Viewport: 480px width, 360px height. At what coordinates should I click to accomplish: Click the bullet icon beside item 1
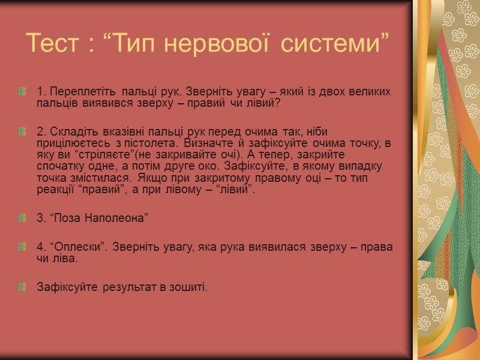[x=22, y=92]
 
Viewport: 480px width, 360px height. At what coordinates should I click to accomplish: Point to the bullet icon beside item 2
[x=22, y=131]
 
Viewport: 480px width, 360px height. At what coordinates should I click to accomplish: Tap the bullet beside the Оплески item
[x=22, y=247]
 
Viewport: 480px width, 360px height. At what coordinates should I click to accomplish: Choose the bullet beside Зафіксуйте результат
[x=22, y=287]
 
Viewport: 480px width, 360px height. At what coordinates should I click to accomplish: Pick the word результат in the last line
[x=124, y=287]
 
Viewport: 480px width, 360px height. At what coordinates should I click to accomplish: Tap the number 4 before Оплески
[x=40, y=247]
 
